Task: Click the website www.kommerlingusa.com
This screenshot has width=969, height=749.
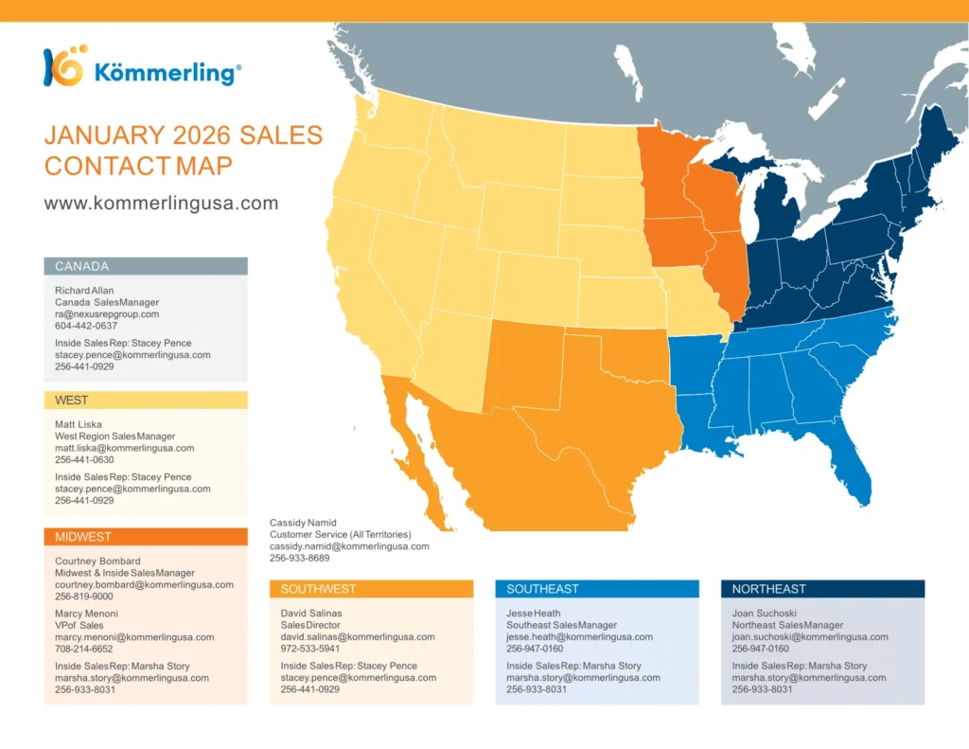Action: coord(161,203)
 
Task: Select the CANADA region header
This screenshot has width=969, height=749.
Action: coord(146,266)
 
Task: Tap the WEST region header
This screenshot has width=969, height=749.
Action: coord(146,401)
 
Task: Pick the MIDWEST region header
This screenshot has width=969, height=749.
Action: coord(146,537)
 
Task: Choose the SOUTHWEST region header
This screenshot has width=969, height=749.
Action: coord(371,589)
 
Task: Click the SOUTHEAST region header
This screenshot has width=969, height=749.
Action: coord(597,589)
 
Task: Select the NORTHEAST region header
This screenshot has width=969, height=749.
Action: coord(822,589)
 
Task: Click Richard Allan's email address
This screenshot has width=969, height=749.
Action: coord(107,314)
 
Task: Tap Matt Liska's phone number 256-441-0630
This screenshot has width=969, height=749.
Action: coord(84,459)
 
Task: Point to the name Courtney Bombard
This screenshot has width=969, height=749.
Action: coord(97,561)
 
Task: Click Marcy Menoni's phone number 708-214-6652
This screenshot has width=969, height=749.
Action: coord(84,649)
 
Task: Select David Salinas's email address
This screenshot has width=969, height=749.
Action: coord(358,637)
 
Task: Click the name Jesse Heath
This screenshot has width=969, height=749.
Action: coord(534,613)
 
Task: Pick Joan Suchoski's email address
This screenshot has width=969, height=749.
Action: coord(810,637)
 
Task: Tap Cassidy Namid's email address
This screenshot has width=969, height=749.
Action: coord(349,546)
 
